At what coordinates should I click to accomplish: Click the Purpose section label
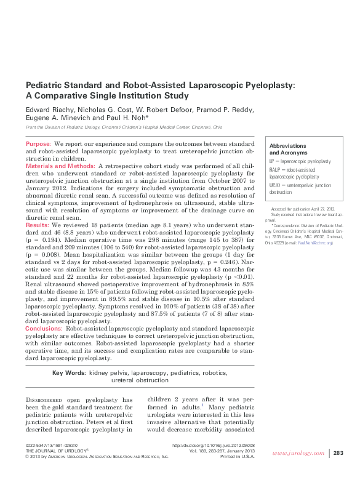coord(38,143)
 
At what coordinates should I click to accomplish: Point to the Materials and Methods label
coord(60,166)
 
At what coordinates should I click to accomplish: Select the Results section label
coord(38,226)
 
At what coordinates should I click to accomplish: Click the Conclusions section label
coord(44,329)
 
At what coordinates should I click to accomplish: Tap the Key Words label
coord(68,373)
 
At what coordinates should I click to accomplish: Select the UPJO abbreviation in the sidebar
coord(277,185)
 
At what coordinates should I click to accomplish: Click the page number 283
coord(338,453)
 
